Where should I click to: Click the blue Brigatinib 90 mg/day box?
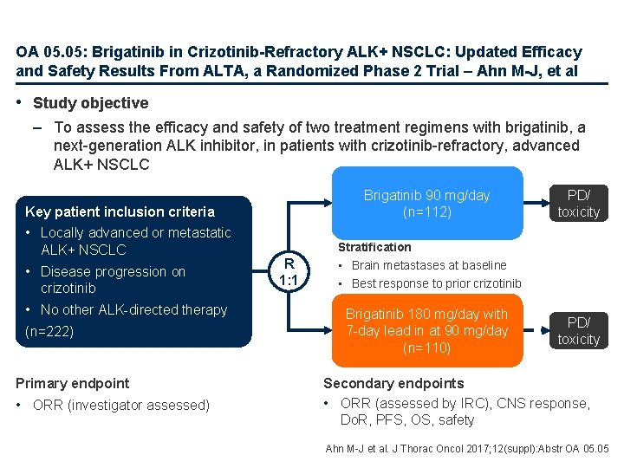pos(426,202)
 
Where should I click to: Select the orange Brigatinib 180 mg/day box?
pos(426,330)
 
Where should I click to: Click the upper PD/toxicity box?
pos(578,203)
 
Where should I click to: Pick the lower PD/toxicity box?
pos(578,330)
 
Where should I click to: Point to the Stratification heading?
pos(374,247)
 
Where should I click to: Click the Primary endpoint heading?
pos(73,383)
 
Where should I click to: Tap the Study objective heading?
pos(90,103)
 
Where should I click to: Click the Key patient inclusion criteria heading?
pos(120,211)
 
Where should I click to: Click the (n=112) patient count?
pos(426,211)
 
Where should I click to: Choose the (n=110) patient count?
pos(426,348)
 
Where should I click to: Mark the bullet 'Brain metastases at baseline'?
pos(429,265)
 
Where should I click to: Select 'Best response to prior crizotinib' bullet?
pos(436,283)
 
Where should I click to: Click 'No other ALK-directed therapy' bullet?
pos(133,309)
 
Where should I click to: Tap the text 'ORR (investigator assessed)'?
pos(120,405)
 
